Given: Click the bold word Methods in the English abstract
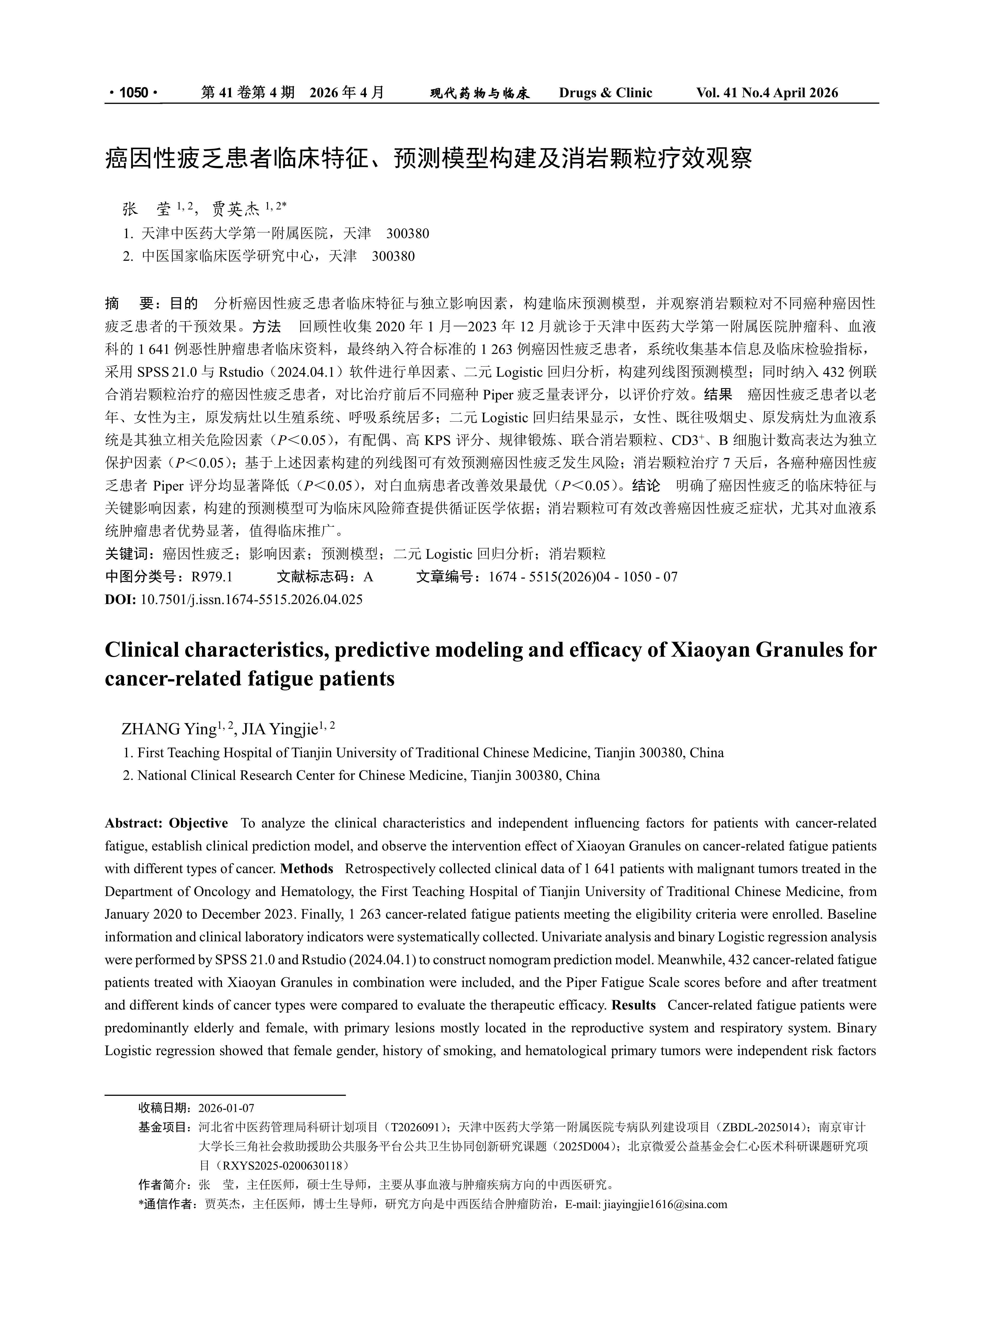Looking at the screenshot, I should pos(306,869).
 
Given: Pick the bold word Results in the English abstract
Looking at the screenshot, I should pos(633,1005).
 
